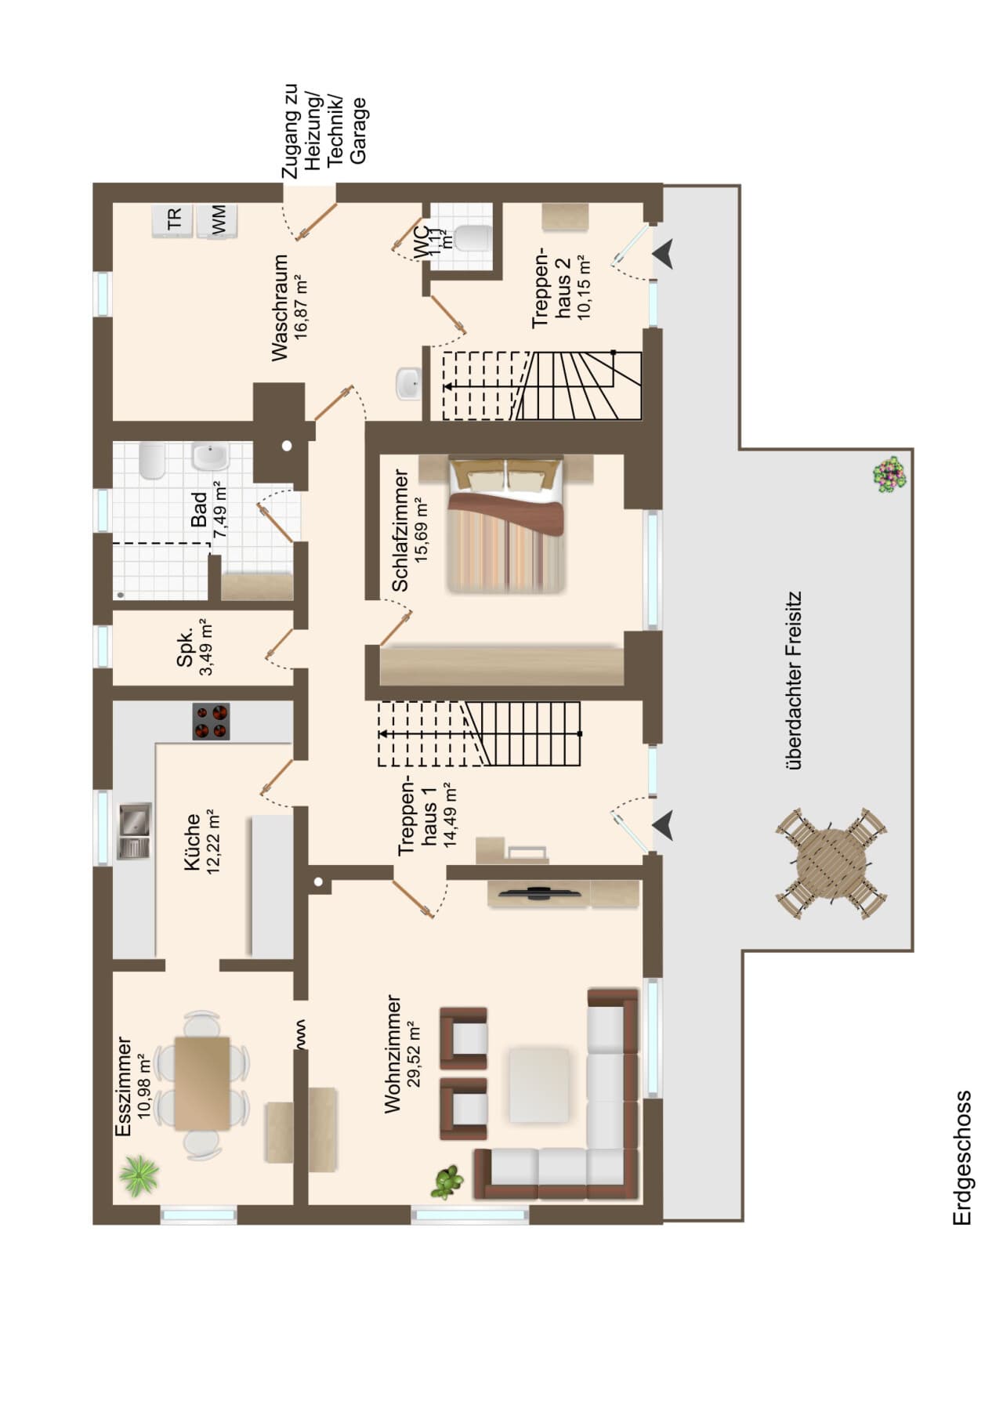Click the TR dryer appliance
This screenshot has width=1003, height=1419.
[173, 219]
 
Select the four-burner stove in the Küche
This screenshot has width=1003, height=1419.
[212, 722]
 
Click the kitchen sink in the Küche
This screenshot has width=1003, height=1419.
[135, 831]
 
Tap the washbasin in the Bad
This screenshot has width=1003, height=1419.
[209, 457]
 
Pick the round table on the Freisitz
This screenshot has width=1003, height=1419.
[832, 863]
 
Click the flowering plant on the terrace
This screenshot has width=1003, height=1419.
[889, 475]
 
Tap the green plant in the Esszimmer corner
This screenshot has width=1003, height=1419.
[139, 1176]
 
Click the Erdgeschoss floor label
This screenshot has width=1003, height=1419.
[961, 1158]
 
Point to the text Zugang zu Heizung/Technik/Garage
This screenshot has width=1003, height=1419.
[324, 132]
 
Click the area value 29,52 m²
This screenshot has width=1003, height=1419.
[415, 1054]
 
